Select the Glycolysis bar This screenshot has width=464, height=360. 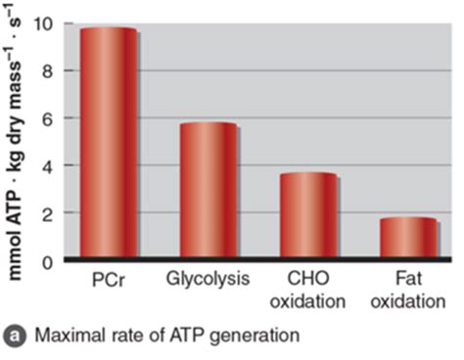tap(208, 192)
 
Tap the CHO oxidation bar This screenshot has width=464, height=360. tap(307, 216)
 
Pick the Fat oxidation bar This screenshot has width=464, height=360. tap(407, 239)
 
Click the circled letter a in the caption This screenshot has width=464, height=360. tap(15, 336)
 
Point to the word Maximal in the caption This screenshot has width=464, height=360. tap(64, 336)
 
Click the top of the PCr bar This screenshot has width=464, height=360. tap(108, 29)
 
